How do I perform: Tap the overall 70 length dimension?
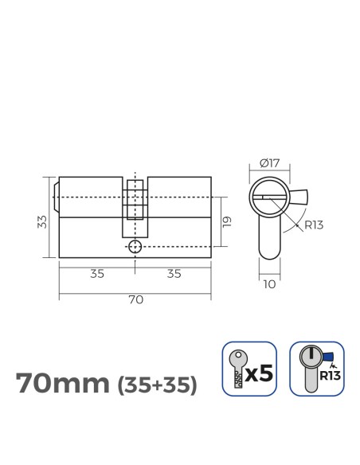(135, 299)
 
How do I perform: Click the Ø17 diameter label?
(269, 164)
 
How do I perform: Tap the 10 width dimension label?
(270, 283)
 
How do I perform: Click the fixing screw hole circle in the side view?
(135, 247)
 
